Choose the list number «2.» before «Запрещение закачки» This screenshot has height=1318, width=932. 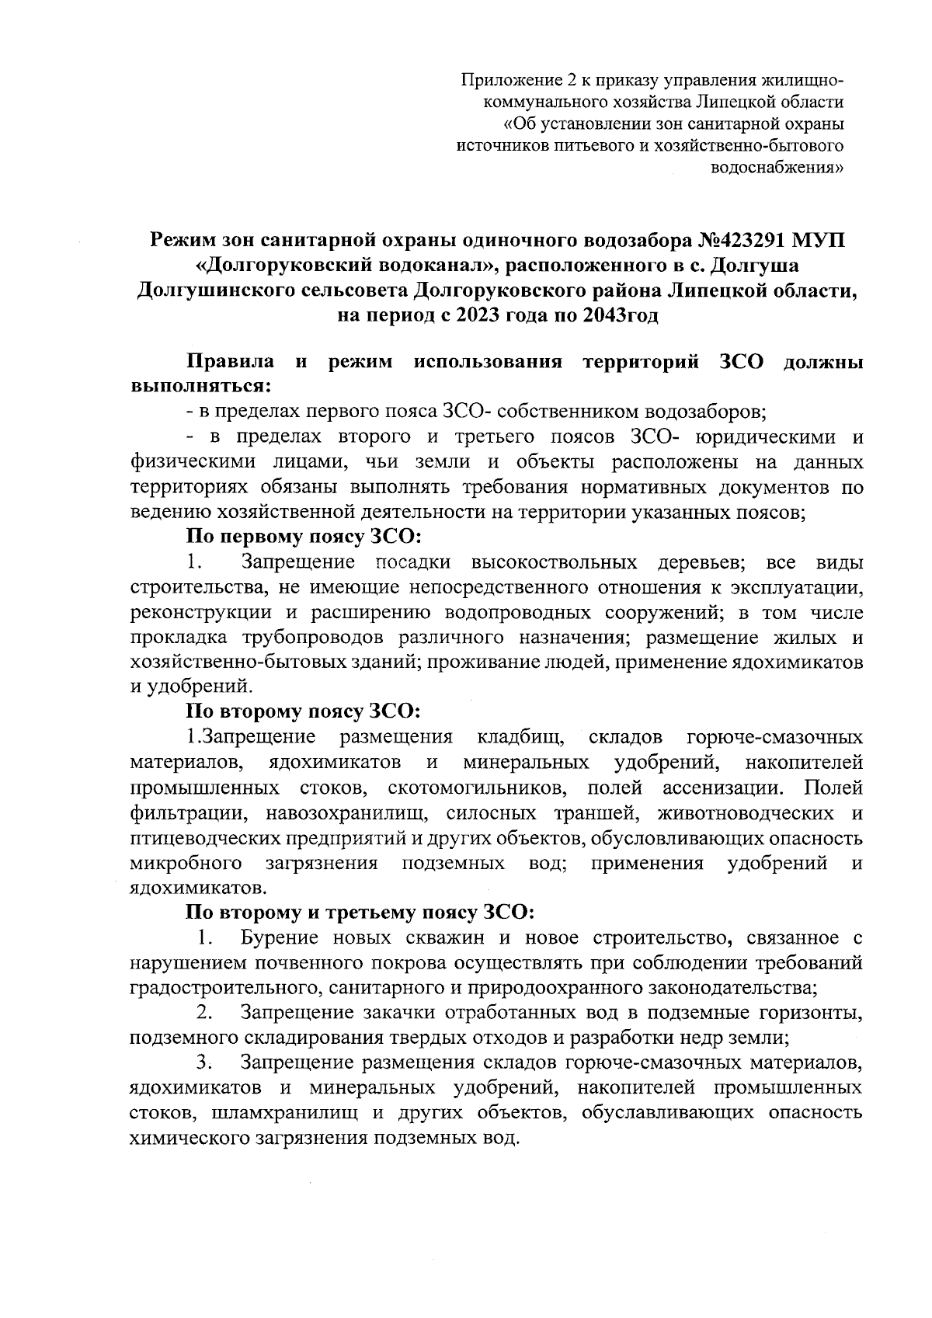coord(205,1013)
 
